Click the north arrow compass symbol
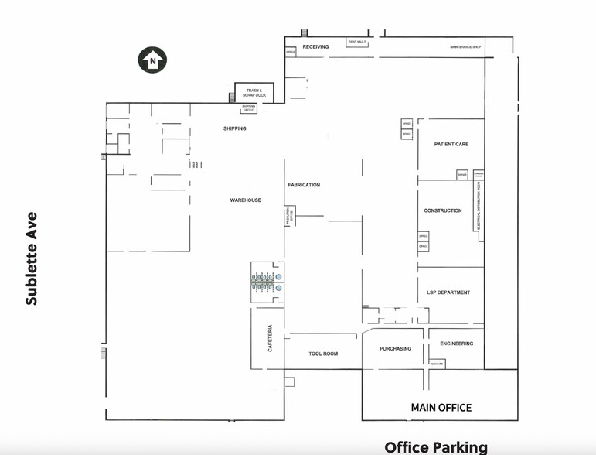pyautogui.click(x=152, y=60)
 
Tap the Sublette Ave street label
pyautogui.click(x=32, y=258)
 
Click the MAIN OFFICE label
pyautogui.click(x=441, y=407)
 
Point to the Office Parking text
pyautogui.click(x=436, y=446)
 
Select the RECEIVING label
pyautogui.click(x=315, y=47)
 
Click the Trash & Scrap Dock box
pyautogui.click(x=254, y=93)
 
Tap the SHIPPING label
pyautogui.click(x=234, y=128)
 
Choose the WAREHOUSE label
pyautogui.click(x=245, y=200)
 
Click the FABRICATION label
pyautogui.click(x=304, y=185)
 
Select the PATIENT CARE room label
pyautogui.click(x=451, y=145)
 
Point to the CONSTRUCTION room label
pyautogui.click(x=442, y=210)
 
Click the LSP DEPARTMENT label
pyautogui.click(x=448, y=292)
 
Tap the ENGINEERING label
pyautogui.click(x=456, y=344)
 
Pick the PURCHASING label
pyautogui.click(x=395, y=349)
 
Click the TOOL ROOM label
pyautogui.click(x=323, y=354)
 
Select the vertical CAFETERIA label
pyautogui.click(x=270, y=338)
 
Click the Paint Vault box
pyautogui.click(x=357, y=41)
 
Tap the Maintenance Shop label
pyautogui.click(x=465, y=47)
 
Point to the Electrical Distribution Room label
pyautogui.click(x=479, y=206)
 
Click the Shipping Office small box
pyautogui.click(x=249, y=108)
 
